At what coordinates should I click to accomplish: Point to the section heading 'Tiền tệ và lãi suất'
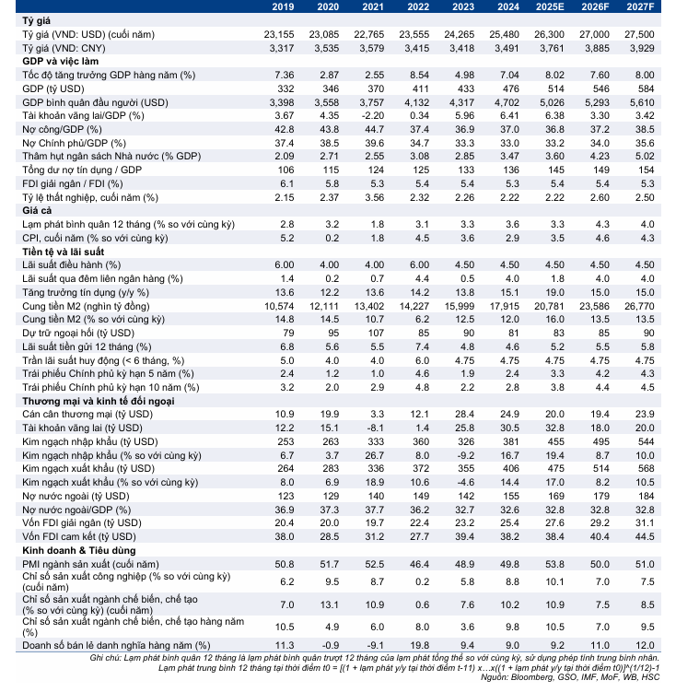coord(65,252)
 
